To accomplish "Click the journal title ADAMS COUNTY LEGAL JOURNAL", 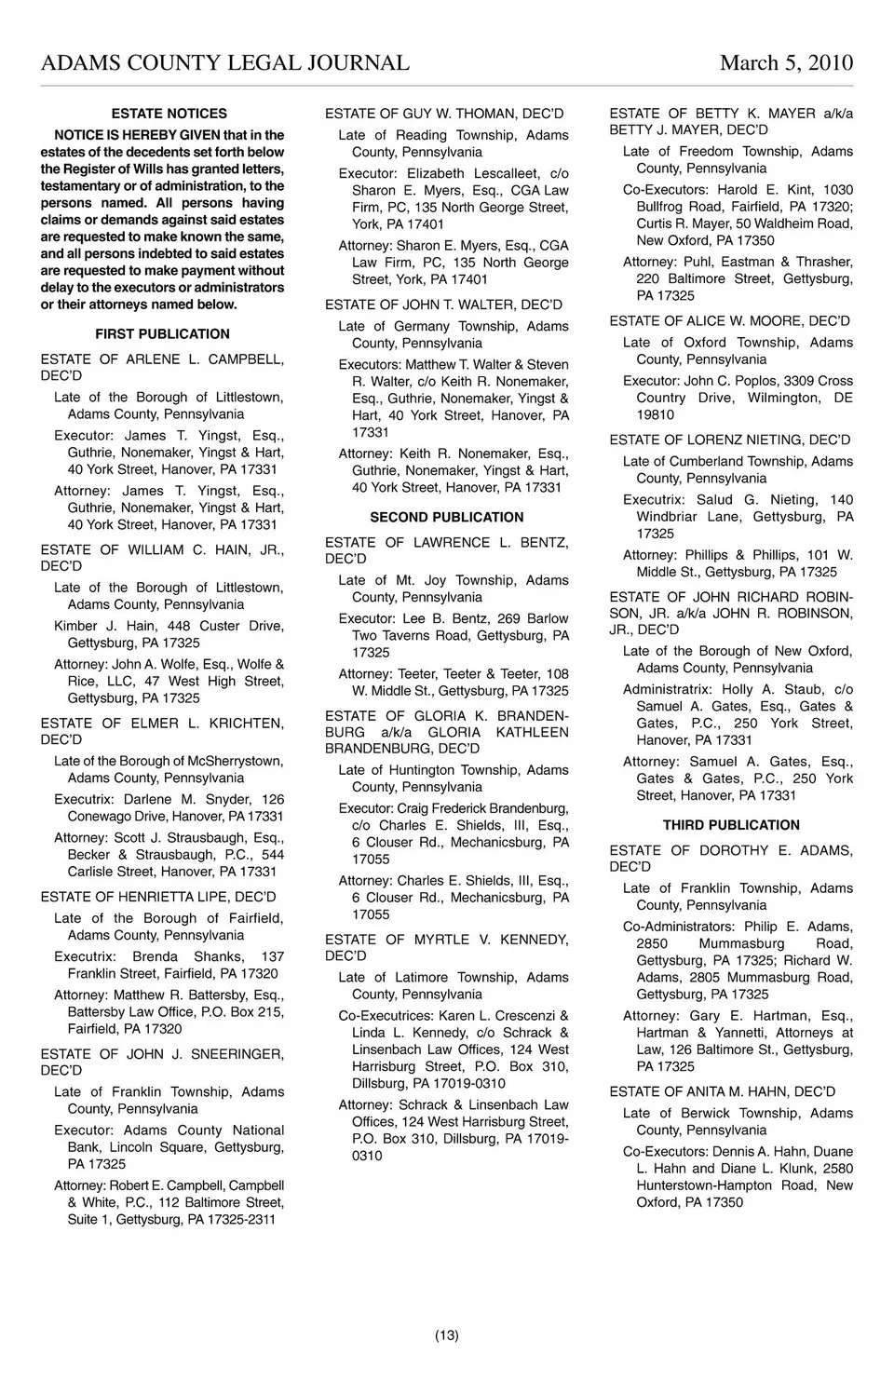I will [224, 63].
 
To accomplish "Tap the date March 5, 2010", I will [786, 63].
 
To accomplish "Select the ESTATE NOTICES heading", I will [169, 114].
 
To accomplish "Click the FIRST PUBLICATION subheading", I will [162, 334].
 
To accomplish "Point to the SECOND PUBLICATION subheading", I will [446, 518].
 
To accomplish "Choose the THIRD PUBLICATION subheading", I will [731, 826].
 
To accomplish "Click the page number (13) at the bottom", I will [447, 1335].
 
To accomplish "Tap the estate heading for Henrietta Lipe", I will [158, 898].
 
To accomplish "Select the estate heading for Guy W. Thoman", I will [444, 115].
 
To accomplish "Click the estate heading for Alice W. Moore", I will [729, 321].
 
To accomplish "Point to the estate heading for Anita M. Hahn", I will [722, 1092].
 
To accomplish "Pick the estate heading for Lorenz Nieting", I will [729, 440].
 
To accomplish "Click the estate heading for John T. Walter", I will [443, 305].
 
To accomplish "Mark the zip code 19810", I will [656, 415].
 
